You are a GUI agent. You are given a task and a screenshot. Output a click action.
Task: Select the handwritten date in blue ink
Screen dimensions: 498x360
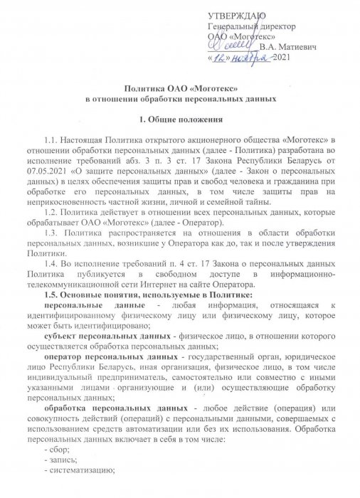tap(242, 57)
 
